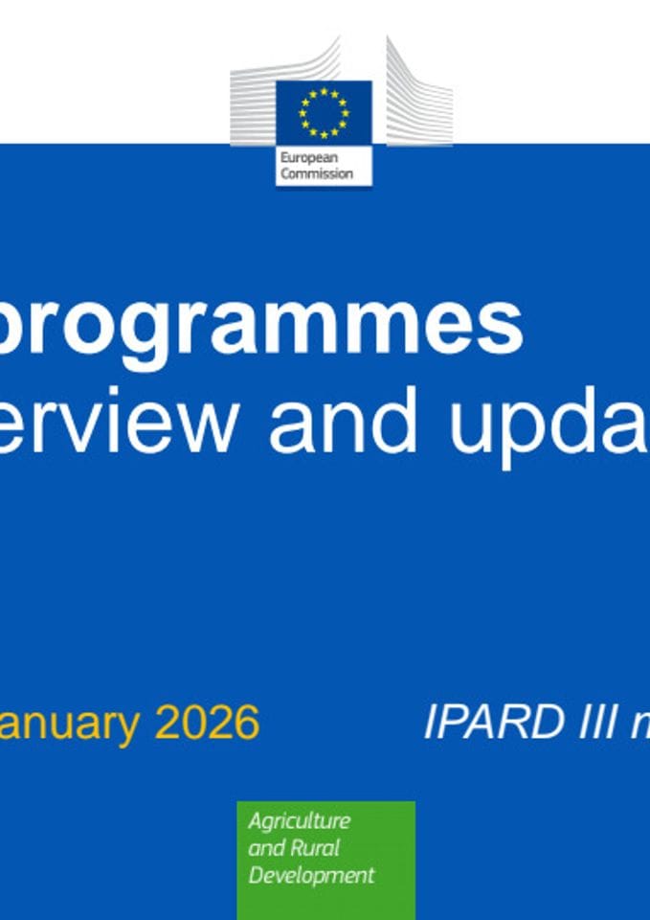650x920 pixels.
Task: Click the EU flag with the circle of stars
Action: tap(324, 112)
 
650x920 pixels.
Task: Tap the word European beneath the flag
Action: tap(303, 158)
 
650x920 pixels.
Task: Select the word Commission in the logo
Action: tap(316, 173)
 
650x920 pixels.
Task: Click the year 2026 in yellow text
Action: tap(207, 722)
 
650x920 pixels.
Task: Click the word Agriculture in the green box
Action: tap(299, 822)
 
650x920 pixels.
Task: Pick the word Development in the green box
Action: tap(311, 875)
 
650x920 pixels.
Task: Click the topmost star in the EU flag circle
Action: tap(324, 91)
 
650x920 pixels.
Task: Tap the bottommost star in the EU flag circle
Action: tap(324, 134)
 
